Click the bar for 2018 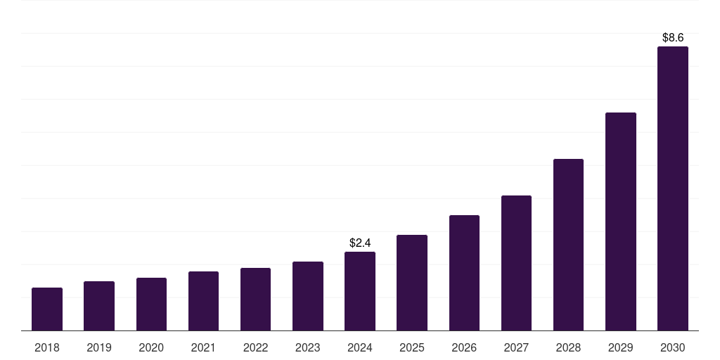pos(47,309)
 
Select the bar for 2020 pos(151,304)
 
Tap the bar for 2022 pos(255,299)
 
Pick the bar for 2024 pos(360,291)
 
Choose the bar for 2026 pos(464,273)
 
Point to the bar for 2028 pos(568,245)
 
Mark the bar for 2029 pos(621,221)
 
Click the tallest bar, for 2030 pos(673,188)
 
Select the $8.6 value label pos(673,37)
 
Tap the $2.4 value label pos(360,243)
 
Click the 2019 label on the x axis pos(99,347)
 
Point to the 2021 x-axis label pos(203,347)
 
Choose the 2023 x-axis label pos(308,347)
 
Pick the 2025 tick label pos(412,347)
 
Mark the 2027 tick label pos(516,347)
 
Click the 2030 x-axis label pos(673,347)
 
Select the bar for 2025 pos(412,283)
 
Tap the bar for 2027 pos(516,263)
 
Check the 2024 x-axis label pos(360,347)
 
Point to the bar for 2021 pos(203,301)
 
